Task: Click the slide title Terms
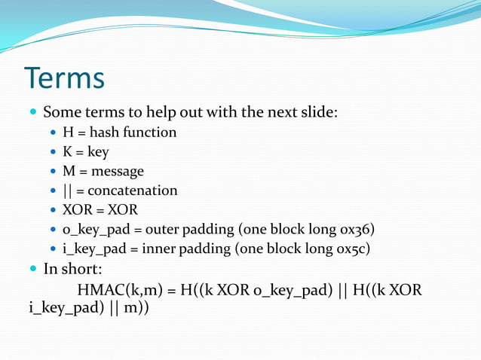(x=64, y=78)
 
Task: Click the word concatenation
(x=132, y=191)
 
